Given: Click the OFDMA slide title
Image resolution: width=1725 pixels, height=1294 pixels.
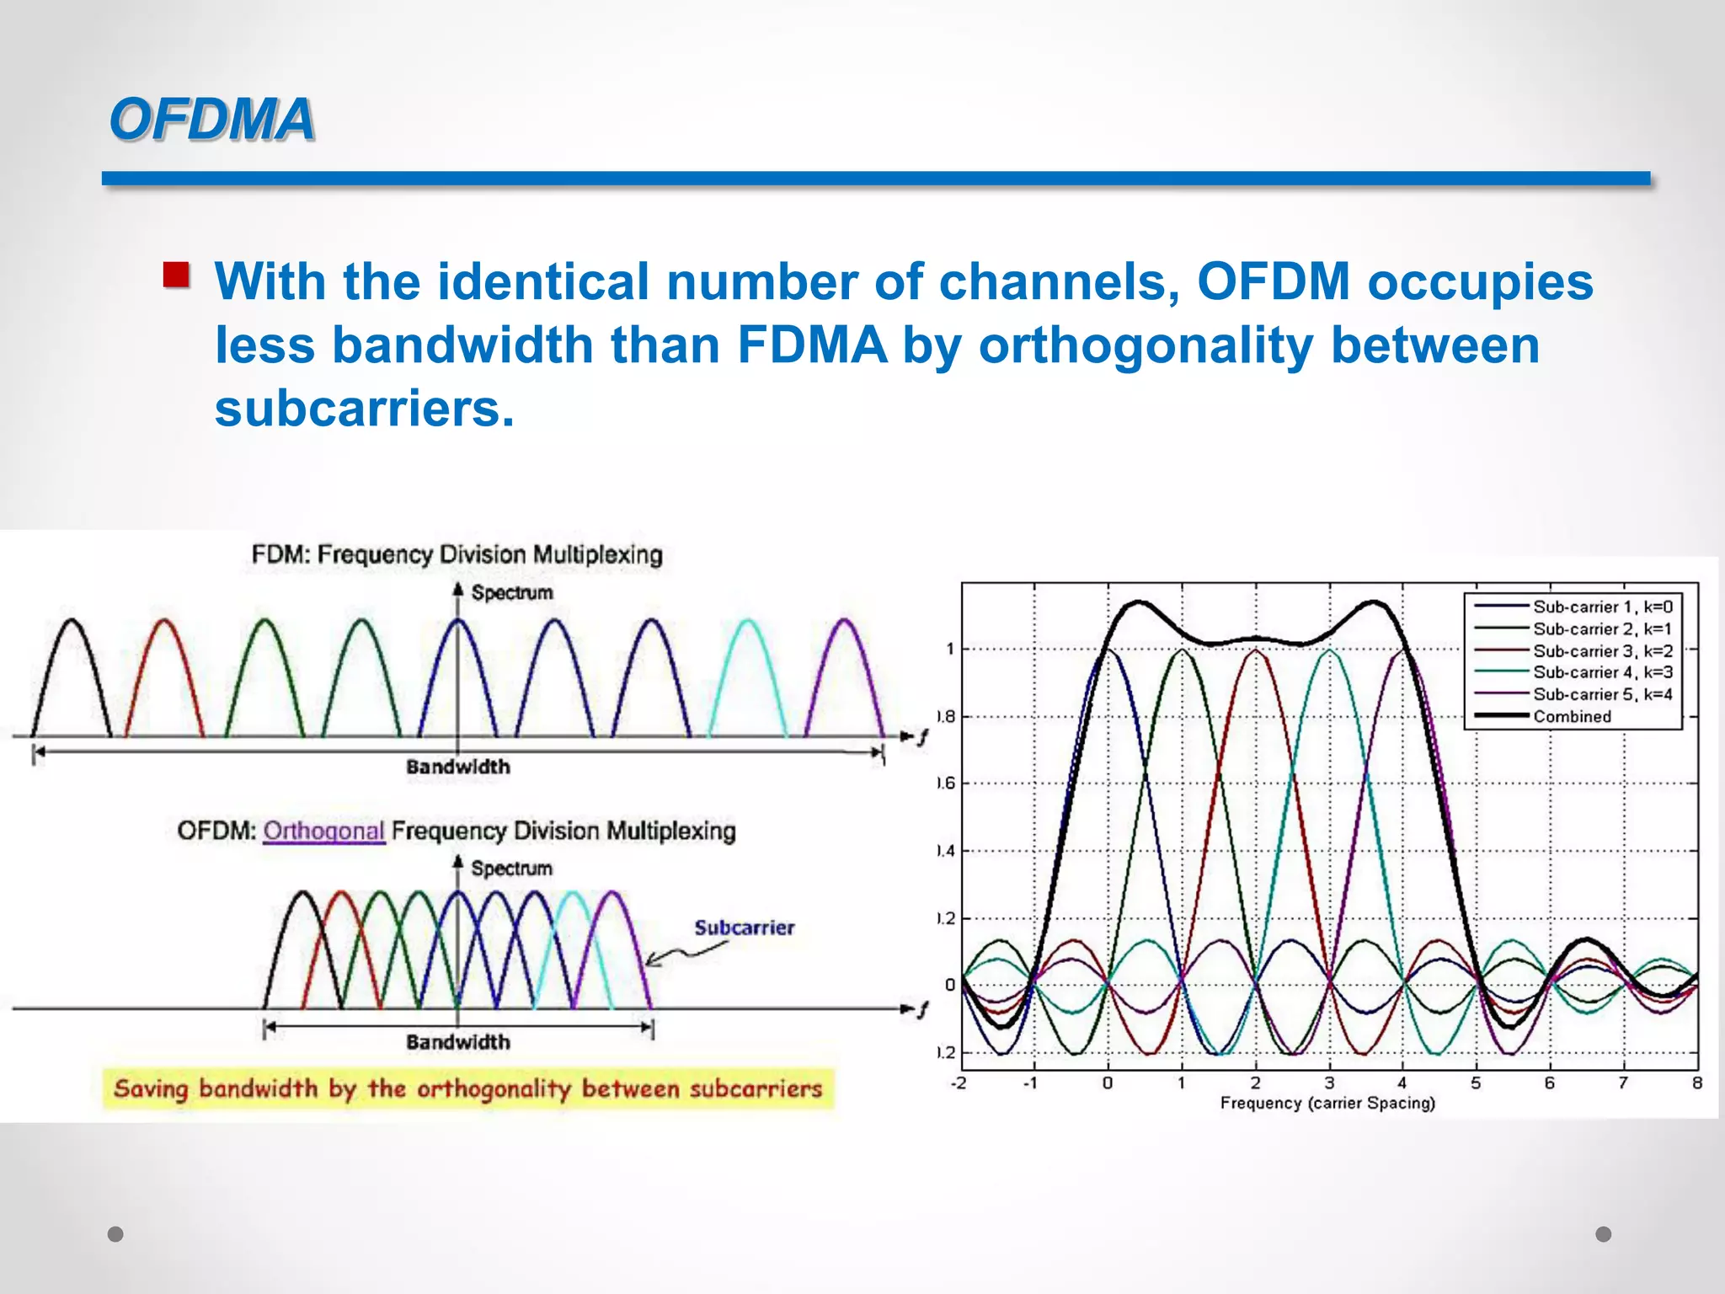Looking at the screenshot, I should (x=211, y=119).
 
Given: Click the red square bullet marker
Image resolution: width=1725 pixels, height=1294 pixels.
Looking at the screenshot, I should (x=176, y=275).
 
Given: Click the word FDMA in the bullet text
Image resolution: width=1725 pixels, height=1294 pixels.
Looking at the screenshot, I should (x=812, y=345).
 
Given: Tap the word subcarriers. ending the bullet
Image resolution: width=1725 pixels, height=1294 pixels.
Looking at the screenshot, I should (x=364, y=409).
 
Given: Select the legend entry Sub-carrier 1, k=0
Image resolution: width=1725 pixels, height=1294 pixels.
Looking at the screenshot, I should (x=1601, y=607).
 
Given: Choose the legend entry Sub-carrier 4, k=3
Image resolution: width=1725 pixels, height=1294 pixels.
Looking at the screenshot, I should (x=1601, y=672).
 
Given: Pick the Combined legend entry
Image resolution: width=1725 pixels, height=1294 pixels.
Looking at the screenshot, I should (x=1572, y=716).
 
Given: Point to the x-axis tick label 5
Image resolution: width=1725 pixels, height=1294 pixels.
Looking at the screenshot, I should (x=1476, y=1083).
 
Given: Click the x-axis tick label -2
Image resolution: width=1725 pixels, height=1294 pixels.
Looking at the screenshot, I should (x=959, y=1083).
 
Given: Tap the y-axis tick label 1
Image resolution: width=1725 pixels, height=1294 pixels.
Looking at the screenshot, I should (x=950, y=649).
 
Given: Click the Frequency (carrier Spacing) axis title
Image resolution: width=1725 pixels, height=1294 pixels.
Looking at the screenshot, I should (x=1327, y=1103).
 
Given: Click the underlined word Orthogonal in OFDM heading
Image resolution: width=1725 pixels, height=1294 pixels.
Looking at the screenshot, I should (x=323, y=831).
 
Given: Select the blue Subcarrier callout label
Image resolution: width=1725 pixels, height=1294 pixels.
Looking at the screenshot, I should (x=744, y=928).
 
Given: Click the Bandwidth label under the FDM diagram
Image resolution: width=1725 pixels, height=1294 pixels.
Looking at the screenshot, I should (x=457, y=767).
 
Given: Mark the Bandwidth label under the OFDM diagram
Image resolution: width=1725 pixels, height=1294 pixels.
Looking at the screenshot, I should (x=457, y=1042).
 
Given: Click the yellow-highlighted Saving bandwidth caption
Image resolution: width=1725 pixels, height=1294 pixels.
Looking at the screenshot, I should (x=467, y=1088).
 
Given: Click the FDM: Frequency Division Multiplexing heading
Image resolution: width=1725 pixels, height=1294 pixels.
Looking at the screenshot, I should (x=457, y=554).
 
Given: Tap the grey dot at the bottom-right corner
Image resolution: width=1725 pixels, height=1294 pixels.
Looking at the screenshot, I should (x=1604, y=1234).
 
